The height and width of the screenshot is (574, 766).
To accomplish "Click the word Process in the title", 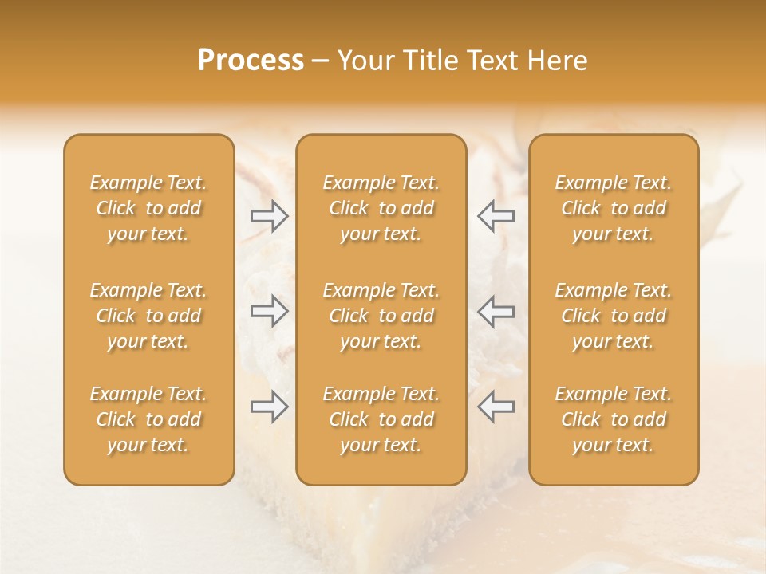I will (251, 61).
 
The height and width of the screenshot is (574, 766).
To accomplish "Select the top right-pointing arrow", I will (269, 215).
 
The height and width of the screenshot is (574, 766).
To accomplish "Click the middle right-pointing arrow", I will (269, 310).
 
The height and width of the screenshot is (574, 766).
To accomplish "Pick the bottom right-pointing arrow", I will (269, 407).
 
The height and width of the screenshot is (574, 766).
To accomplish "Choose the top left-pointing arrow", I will (496, 215).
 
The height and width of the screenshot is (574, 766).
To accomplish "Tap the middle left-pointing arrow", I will (496, 310).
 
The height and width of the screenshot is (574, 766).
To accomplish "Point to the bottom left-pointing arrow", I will (496, 407).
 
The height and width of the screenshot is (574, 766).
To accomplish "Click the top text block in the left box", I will (148, 208).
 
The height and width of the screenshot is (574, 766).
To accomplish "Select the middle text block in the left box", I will (148, 316).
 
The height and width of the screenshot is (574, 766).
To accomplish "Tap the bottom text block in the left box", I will (148, 419).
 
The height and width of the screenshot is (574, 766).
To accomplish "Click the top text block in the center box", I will (381, 208).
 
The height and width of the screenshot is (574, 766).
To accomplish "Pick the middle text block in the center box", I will (381, 316).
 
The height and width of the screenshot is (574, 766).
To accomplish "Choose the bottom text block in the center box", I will (381, 419).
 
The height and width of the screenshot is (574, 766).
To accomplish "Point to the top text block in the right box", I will (613, 208).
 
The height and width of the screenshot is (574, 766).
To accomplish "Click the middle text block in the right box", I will (613, 316).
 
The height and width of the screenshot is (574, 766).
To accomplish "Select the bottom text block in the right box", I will (613, 419).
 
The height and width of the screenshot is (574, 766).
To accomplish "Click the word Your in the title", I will (364, 61).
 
